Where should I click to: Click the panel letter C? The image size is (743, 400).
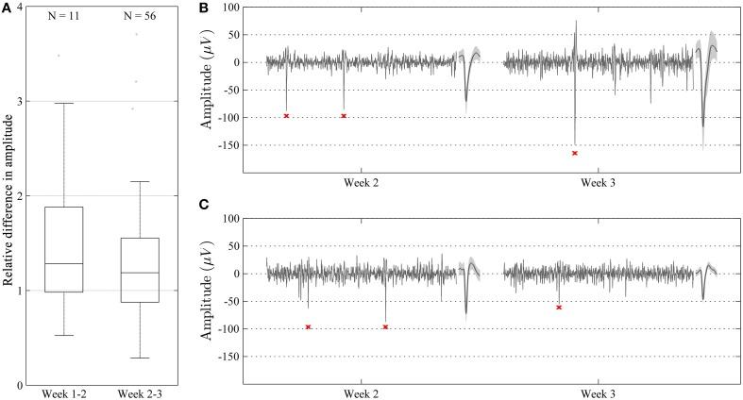tap(208, 205)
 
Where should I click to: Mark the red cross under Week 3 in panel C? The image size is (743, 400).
tap(559, 308)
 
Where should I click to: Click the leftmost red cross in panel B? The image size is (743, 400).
tap(286, 116)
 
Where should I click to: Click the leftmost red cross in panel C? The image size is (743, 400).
tap(309, 327)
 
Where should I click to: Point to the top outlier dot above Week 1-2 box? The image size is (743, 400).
tap(59, 56)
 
